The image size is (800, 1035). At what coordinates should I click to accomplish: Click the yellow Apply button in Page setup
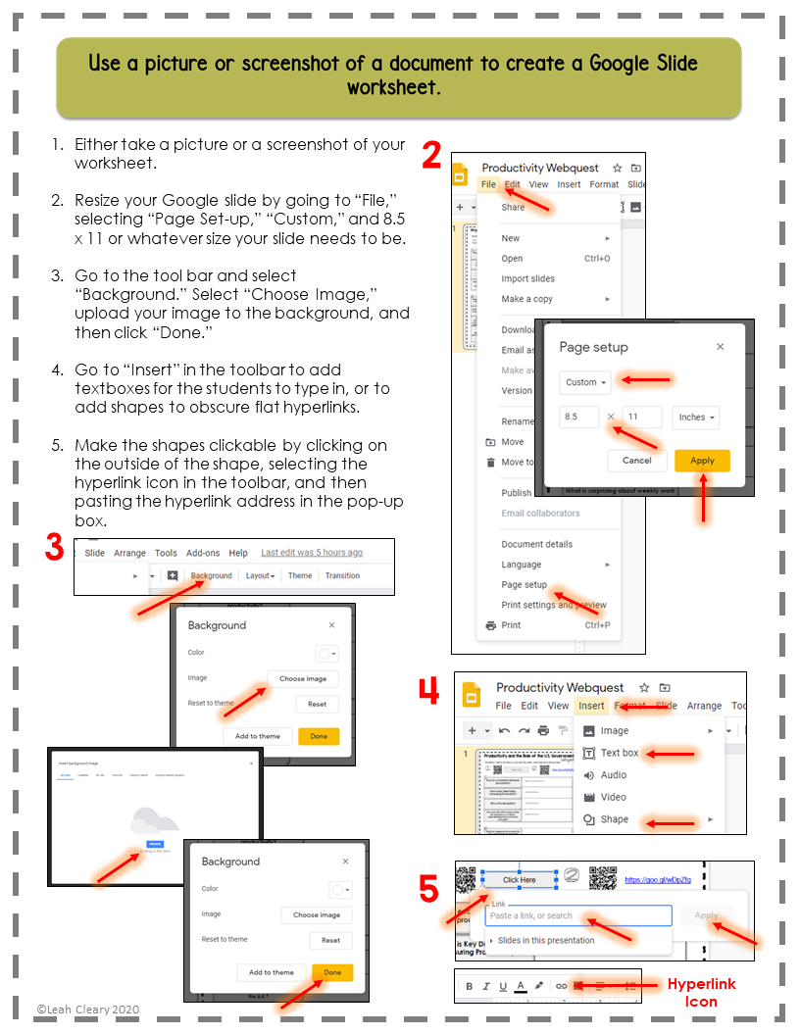tap(702, 460)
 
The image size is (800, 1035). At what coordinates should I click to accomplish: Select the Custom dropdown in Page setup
tap(586, 382)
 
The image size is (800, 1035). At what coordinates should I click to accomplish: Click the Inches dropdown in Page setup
tap(696, 418)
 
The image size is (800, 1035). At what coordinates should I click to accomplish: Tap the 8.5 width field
tap(579, 418)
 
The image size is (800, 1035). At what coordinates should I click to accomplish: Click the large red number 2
tap(431, 156)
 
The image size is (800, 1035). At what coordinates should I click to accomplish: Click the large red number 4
tap(428, 691)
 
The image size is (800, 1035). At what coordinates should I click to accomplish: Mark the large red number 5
tap(428, 890)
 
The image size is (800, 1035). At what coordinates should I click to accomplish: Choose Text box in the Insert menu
tap(619, 753)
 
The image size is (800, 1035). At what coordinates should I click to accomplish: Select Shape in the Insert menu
tap(615, 819)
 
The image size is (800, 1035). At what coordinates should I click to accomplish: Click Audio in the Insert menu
tap(614, 775)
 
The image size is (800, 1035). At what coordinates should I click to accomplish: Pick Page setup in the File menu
tap(525, 585)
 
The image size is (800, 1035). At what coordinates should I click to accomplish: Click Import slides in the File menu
tap(527, 278)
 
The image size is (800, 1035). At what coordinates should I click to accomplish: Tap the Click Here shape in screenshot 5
tap(520, 879)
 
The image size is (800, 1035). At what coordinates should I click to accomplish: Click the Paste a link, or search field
tap(578, 915)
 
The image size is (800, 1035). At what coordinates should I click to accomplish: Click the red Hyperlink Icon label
tap(701, 992)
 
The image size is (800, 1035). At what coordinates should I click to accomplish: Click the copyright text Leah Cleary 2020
tap(88, 1009)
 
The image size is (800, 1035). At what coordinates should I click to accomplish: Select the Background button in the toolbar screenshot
tap(212, 575)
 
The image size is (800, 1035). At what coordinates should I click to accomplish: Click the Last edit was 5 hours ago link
tap(312, 553)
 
